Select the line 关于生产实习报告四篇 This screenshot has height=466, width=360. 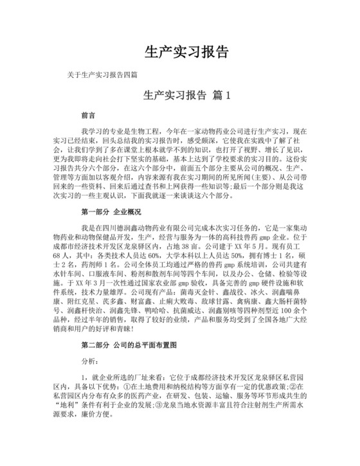tap(102, 75)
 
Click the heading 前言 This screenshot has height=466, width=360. tap(88, 116)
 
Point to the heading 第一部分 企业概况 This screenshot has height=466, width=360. tap(111, 211)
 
